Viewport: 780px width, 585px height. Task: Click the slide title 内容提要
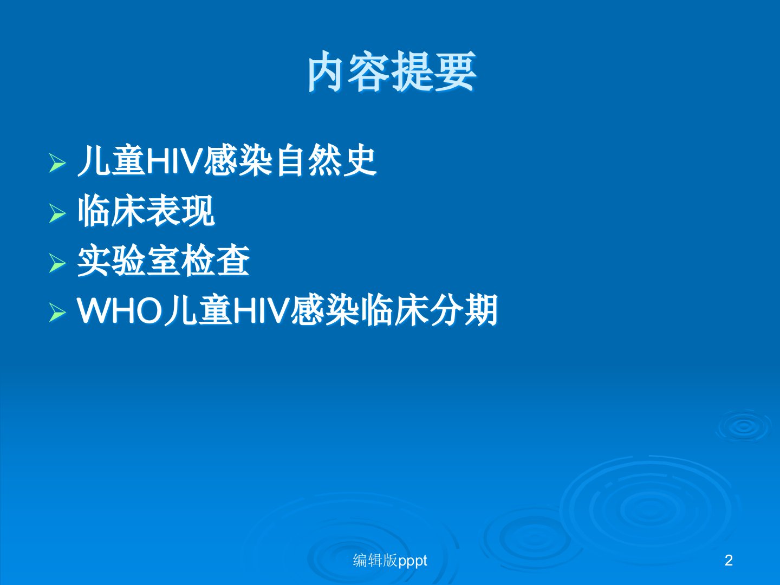pos(392,71)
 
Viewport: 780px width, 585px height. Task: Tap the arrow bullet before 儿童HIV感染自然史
pos(57,164)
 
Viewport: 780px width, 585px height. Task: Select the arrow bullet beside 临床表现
pos(57,213)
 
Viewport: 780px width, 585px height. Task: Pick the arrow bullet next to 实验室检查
pos(57,263)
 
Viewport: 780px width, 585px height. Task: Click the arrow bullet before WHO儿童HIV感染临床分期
pos(57,313)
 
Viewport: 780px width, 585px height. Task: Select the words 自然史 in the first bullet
pos(326,161)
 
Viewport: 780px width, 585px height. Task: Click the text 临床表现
pos(146,212)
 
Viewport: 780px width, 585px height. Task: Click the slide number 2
pos(729,561)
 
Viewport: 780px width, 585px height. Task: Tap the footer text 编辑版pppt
pos(390,561)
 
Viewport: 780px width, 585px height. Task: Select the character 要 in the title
pos(456,71)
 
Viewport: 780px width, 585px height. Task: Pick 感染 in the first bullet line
pos(239,161)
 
